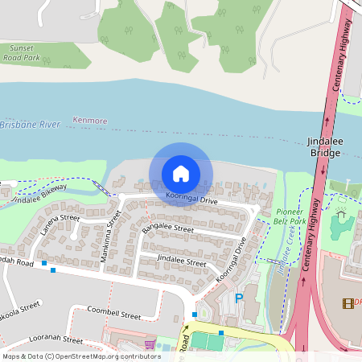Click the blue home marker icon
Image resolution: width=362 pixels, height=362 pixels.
tap(181, 173)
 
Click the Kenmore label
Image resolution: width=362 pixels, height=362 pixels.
tap(89, 121)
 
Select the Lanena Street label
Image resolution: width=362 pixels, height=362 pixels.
tap(61, 224)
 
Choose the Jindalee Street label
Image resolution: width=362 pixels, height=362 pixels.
tap(181, 261)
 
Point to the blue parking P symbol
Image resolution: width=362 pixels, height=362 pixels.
tap(238, 298)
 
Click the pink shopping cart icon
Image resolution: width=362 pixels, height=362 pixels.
tap(150, 344)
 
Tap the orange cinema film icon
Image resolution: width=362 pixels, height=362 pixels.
tap(348, 303)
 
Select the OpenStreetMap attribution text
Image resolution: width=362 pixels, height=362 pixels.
tap(80, 356)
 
